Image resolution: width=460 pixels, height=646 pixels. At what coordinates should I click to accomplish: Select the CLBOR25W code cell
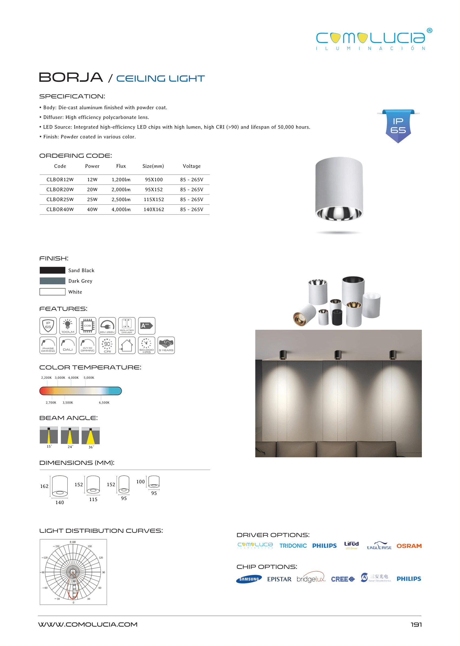point(60,199)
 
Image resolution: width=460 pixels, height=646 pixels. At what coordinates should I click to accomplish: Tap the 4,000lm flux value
point(121,209)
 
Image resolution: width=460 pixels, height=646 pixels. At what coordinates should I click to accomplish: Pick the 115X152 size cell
point(154,199)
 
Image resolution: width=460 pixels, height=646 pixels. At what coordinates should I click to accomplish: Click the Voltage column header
point(191,166)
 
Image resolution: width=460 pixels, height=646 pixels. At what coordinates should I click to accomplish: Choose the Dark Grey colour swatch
point(52,281)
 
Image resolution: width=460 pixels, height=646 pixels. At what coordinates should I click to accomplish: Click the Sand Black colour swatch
point(52,270)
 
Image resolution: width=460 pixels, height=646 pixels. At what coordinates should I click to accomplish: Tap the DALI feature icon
point(68,345)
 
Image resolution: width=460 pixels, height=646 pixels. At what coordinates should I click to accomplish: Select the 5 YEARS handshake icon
point(166,345)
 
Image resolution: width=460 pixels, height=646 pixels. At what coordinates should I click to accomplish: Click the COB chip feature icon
point(88,325)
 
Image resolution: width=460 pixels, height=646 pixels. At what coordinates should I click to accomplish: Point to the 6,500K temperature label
point(104,402)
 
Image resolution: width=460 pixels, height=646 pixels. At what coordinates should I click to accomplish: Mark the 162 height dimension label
point(44,486)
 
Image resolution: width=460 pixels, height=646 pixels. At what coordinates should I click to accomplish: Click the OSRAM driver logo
point(409,546)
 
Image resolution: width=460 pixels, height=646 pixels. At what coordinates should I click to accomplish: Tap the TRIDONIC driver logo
point(293,546)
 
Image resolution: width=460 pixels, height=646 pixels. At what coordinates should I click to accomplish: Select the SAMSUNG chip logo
point(249,579)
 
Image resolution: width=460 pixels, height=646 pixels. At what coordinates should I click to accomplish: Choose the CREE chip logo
point(342,579)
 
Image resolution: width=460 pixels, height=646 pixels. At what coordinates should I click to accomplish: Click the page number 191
point(416,624)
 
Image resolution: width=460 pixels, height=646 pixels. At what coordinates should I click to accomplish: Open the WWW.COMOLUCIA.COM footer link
point(88,624)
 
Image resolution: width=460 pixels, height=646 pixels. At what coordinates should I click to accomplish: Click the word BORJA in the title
point(71,77)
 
